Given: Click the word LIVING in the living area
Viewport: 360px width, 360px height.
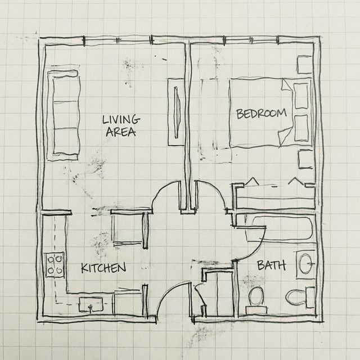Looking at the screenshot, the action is (x=121, y=120).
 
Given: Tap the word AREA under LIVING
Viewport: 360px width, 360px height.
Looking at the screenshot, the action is (x=121, y=132).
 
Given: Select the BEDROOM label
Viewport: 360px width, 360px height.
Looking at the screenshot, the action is (x=262, y=114).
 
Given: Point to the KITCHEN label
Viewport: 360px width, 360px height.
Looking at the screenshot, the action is (x=103, y=268).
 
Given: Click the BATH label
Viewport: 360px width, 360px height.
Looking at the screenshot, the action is (x=272, y=265).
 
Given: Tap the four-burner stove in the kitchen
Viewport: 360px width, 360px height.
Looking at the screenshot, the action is (x=55, y=265).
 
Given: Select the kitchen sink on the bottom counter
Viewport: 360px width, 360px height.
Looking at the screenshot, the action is (x=91, y=304).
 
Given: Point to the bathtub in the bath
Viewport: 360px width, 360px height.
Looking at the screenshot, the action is (x=280, y=229).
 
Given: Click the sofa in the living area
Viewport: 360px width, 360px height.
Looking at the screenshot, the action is (x=64, y=115).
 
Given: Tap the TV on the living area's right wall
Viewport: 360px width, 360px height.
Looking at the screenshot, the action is (x=177, y=112).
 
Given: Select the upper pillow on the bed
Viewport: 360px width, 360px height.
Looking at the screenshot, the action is (x=301, y=96).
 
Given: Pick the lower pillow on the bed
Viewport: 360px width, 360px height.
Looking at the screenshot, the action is (x=301, y=128).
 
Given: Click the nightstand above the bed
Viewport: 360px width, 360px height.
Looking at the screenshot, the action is (x=305, y=65).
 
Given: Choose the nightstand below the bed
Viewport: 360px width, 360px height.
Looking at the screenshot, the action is (x=305, y=159).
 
